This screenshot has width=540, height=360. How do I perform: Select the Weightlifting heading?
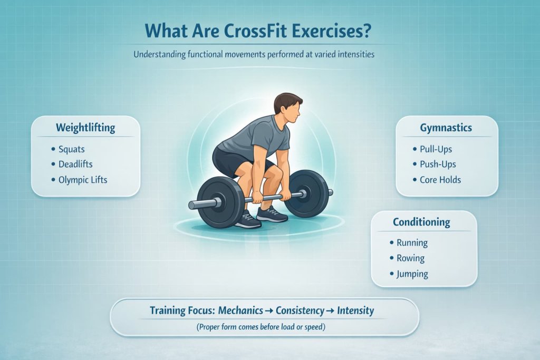point(85,128)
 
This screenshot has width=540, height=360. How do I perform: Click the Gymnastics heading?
point(446,128)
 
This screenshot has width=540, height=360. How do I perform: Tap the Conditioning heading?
point(422,222)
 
